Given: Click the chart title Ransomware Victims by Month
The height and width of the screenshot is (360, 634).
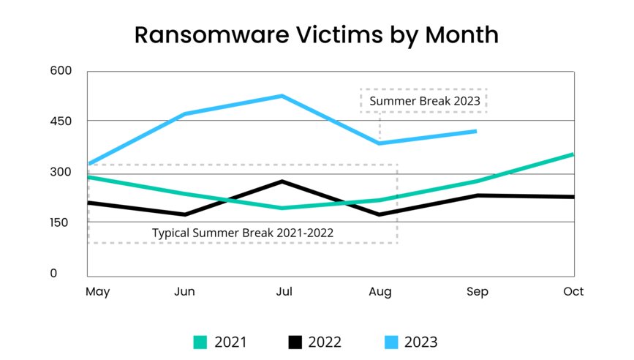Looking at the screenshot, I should tap(317, 34).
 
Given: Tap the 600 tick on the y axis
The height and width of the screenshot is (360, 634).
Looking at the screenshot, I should tap(62, 71).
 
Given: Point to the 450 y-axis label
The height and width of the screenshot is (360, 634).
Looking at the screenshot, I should tap(62, 121).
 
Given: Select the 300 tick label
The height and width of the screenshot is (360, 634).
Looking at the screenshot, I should tap(62, 172).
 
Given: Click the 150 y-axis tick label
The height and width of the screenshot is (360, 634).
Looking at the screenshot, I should tap(62, 222).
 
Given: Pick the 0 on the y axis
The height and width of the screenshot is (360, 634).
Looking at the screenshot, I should tap(53, 274).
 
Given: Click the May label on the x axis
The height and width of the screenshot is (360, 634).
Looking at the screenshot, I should tap(97, 292).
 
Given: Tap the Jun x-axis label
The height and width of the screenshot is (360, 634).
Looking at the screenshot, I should tap(184, 292).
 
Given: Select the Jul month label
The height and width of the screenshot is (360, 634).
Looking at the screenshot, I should tap(283, 292).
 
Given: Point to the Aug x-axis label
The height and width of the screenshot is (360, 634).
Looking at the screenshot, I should tap(380, 292).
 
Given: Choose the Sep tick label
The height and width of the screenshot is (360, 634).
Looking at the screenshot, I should tap(477, 292).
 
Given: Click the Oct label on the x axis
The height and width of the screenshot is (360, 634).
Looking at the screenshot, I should tap(573, 292).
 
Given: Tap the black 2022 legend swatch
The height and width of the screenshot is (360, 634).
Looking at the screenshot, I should tap(295, 342).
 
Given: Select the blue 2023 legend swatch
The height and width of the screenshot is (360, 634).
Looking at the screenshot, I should tap(391, 342).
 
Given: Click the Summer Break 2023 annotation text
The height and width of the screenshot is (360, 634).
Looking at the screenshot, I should tap(424, 101).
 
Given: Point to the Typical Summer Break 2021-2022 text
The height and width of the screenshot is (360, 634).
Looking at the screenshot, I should tap(243, 233).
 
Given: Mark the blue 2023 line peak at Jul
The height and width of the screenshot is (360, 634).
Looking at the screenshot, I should tap(282, 96).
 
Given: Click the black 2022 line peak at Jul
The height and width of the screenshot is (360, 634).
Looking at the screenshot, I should tap(282, 181).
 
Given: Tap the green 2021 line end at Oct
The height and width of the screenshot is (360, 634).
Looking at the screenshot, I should tap(573, 154).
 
